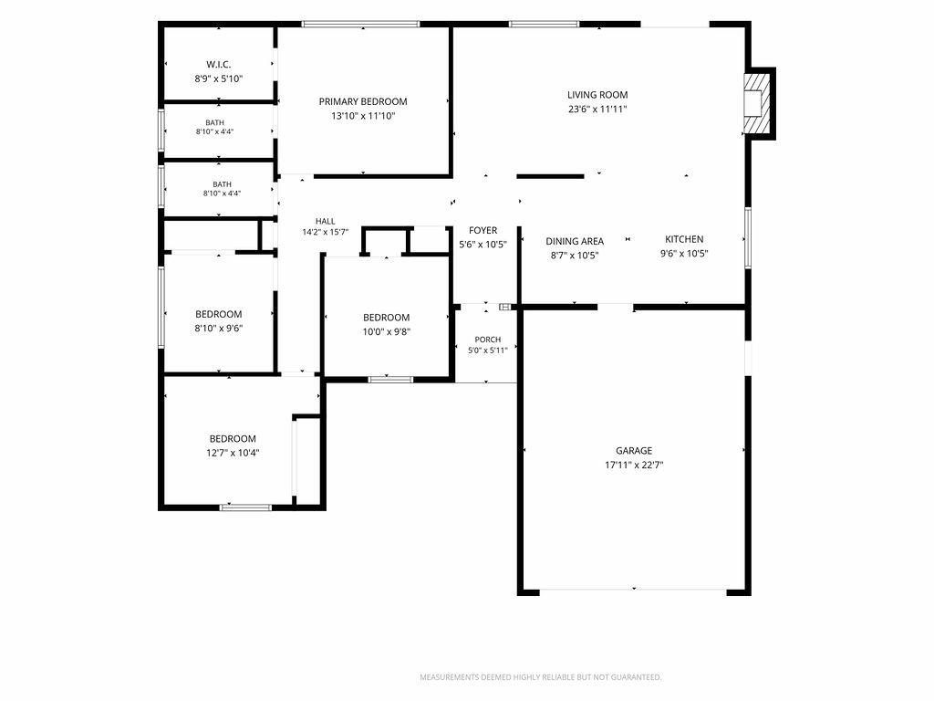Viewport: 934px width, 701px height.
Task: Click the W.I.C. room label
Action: [219, 65]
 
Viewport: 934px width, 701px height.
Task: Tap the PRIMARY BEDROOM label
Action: [363, 102]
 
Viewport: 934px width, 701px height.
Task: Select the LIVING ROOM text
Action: [597, 95]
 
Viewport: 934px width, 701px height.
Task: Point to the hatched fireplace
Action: [755, 103]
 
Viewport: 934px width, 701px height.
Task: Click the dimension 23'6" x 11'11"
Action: [597, 110]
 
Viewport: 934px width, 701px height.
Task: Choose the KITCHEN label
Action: [684, 239]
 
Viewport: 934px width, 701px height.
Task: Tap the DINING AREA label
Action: [575, 241]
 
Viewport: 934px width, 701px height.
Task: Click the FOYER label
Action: [483, 230]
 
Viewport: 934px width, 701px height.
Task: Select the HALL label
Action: [326, 221]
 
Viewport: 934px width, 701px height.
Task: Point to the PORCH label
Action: [488, 340]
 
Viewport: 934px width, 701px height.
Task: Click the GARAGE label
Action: [634, 451]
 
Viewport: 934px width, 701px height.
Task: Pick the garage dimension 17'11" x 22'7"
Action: [634, 465]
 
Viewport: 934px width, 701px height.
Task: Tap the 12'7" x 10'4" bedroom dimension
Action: [233, 453]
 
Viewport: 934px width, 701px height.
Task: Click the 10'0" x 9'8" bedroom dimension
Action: [387, 332]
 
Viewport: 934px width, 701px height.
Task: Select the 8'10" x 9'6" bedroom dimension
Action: [219, 329]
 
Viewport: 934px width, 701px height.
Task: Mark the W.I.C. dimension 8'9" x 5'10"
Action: [219, 78]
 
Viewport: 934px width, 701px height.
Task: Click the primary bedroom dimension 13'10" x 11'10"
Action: [363, 116]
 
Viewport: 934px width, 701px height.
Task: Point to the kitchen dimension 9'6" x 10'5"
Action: [684, 254]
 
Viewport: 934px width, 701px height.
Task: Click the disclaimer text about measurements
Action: [540, 677]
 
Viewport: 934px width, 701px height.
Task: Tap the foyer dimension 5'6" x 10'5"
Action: [483, 245]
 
